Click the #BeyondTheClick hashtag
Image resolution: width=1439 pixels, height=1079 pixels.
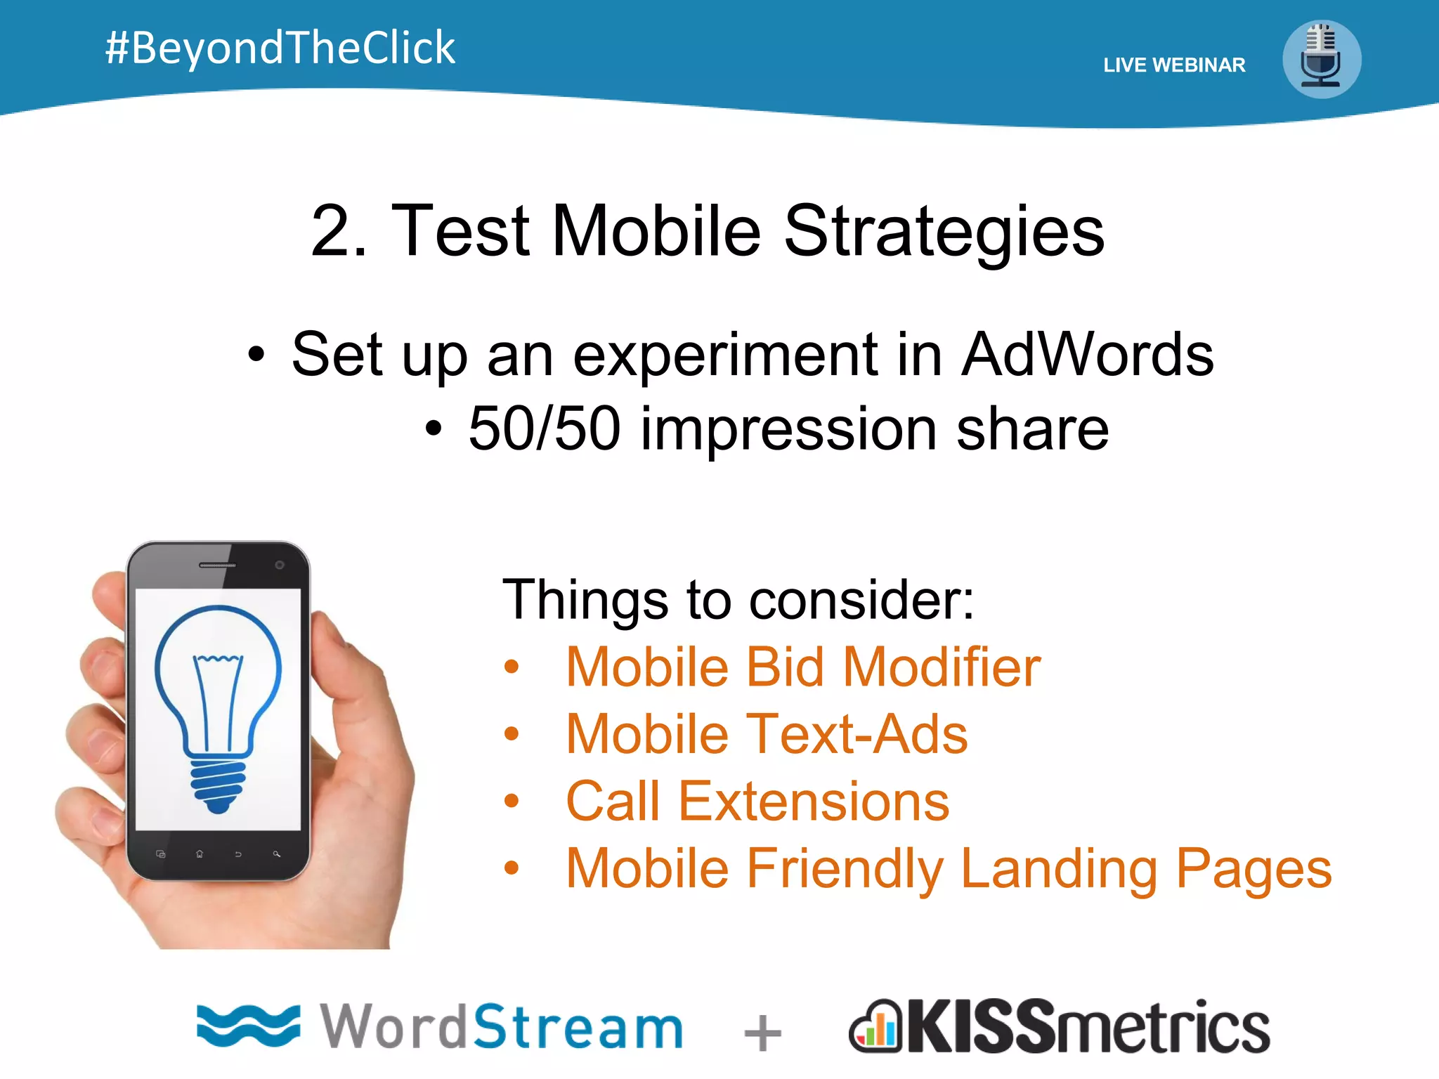point(280,48)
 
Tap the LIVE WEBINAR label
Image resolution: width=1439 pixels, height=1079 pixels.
point(1173,65)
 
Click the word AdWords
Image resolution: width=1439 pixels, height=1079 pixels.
point(1087,355)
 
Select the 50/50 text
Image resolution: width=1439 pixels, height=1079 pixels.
point(545,429)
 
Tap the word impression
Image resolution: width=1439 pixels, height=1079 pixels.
point(788,429)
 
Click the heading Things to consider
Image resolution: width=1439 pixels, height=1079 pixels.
point(738,600)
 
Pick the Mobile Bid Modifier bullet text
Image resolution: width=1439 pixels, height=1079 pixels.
point(802,667)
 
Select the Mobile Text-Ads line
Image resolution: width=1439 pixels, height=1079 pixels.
point(766,734)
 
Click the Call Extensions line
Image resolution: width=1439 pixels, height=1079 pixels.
point(757,802)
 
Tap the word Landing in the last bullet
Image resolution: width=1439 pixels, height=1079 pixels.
point(1058,869)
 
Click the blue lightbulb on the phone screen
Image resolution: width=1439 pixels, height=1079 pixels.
point(218,702)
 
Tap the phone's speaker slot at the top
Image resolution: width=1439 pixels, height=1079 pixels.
point(217,565)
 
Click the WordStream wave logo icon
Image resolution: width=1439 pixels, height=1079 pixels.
point(247,1026)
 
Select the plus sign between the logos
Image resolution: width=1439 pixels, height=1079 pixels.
point(762,1033)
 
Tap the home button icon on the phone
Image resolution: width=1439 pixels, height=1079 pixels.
point(200,854)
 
